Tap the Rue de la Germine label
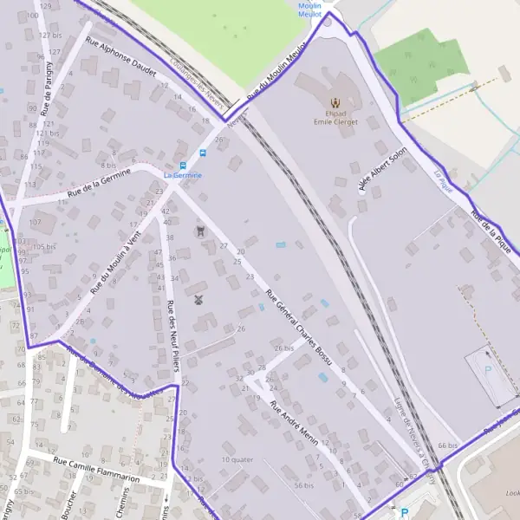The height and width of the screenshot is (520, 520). coord(99,182)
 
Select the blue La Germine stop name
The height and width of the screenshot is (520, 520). coord(182,175)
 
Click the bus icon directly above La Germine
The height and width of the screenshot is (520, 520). coord(182,165)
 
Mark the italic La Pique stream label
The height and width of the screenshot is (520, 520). coord(444,180)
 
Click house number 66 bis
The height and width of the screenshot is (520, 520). coord(447,445)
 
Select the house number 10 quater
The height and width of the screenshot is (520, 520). coord(237,459)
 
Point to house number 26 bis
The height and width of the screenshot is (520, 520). coord(283,348)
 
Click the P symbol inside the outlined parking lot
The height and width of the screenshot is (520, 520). coord(487,369)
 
